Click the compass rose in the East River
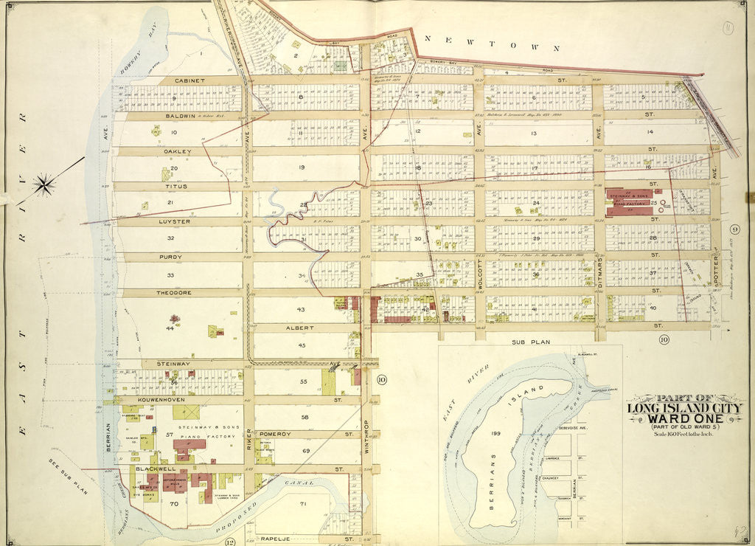[45, 184]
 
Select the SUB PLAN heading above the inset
[530, 342]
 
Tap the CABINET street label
[189, 80]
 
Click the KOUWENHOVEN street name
[159, 399]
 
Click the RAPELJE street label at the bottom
[277, 540]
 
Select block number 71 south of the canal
[305, 503]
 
